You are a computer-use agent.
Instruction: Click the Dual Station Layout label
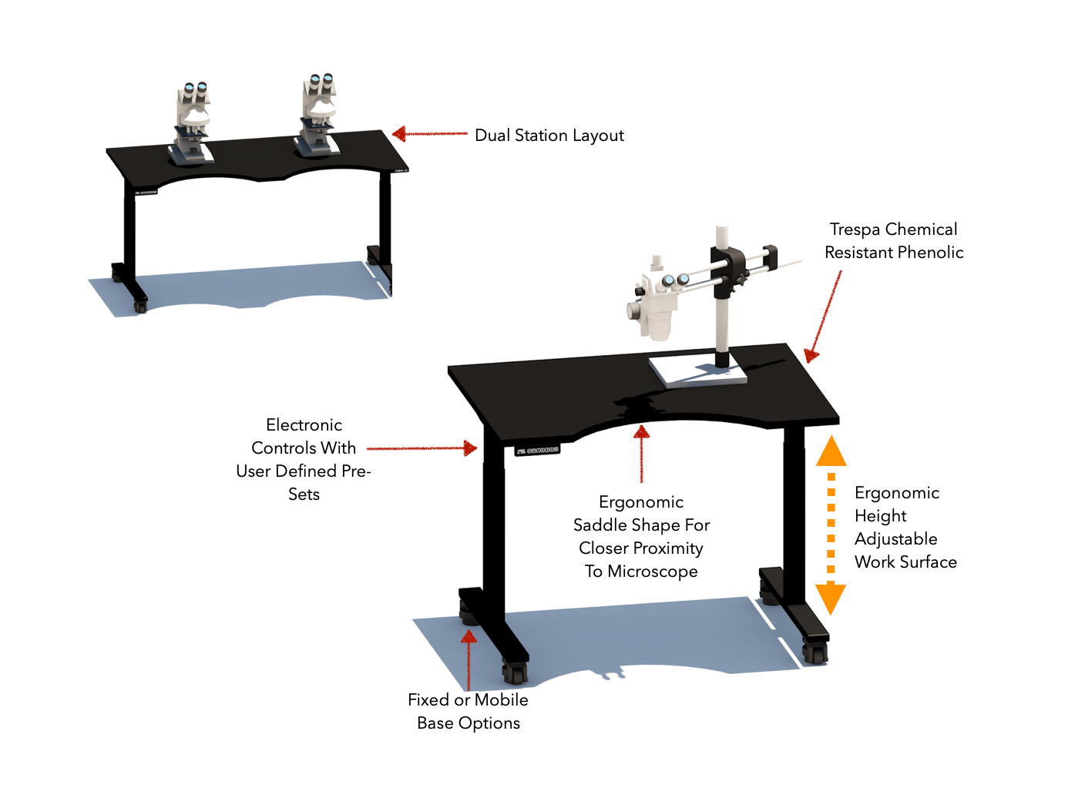pyautogui.click(x=549, y=136)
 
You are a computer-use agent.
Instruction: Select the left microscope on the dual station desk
pyautogui.click(x=191, y=123)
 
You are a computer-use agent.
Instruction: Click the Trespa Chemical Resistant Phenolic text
pyautogui.click(x=893, y=240)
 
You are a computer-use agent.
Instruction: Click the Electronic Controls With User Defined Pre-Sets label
pyautogui.click(x=304, y=459)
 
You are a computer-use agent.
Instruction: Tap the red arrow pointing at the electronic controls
pyautogui.click(x=422, y=448)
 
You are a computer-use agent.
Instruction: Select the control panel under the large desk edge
pyautogui.click(x=537, y=450)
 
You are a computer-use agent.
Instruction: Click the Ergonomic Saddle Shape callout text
pyautogui.click(x=641, y=536)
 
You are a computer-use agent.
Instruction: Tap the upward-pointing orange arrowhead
pyautogui.click(x=831, y=451)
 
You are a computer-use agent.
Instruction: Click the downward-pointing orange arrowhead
pyautogui.click(x=831, y=598)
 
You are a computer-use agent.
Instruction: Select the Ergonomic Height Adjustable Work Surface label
pyautogui.click(x=905, y=527)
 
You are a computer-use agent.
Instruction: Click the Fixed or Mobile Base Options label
pyautogui.click(x=468, y=711)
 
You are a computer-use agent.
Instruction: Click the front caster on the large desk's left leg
pyautogui.click(x=515, y=672)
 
